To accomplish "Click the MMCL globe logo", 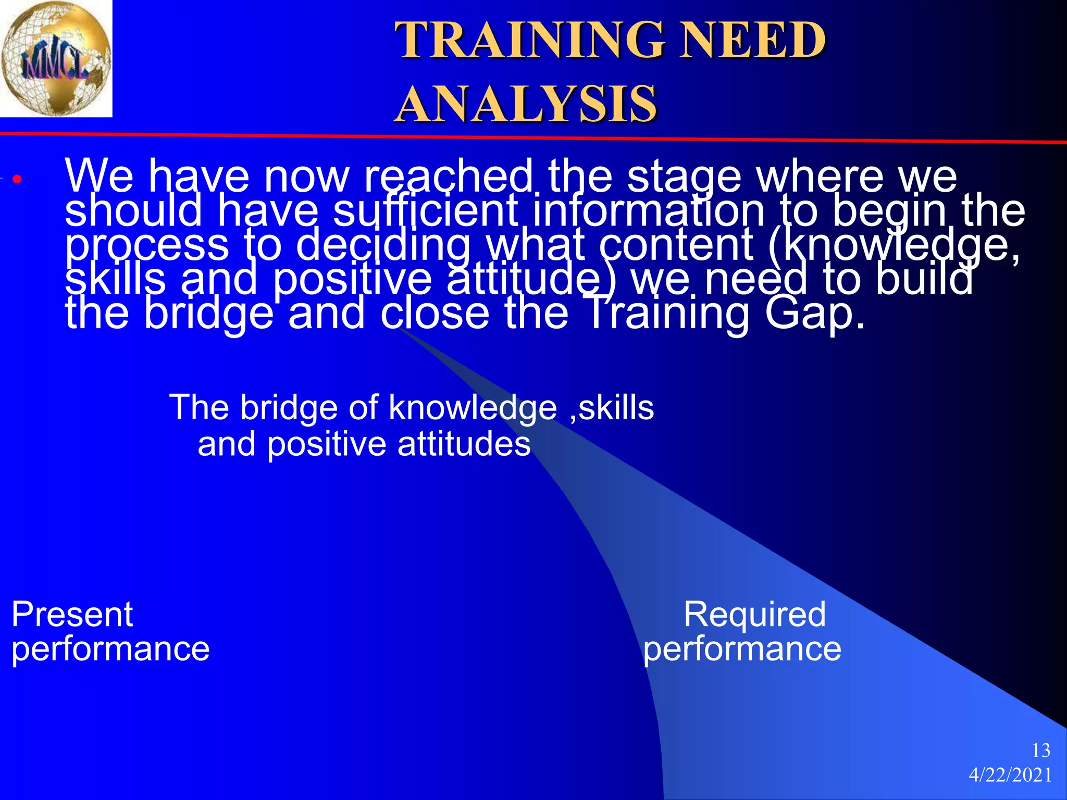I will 56,58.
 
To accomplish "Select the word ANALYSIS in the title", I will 526,104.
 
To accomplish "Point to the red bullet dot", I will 17,180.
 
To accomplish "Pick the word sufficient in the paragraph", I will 425,210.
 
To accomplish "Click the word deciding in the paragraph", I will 383,245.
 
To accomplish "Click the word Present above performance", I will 72,614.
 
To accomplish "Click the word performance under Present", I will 110,649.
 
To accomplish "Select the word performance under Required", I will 742,649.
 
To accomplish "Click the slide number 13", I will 1041,751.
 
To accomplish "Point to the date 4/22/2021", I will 1010,775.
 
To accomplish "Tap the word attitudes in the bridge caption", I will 464,444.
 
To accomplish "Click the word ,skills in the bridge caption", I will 612,407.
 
